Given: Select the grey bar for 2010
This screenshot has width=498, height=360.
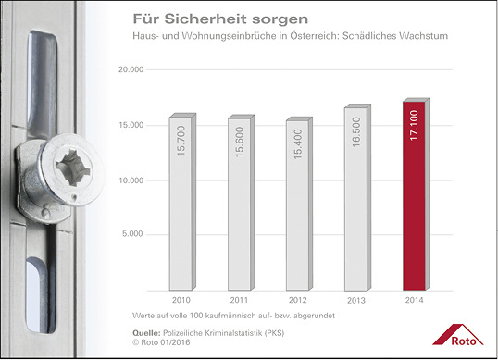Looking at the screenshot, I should [181, 204].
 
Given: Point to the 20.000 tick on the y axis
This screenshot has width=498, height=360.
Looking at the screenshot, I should [131, 70].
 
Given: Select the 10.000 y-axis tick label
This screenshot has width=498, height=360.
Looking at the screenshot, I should [131, 180].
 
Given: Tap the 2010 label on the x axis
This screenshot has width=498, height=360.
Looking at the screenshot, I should [181, 302].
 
